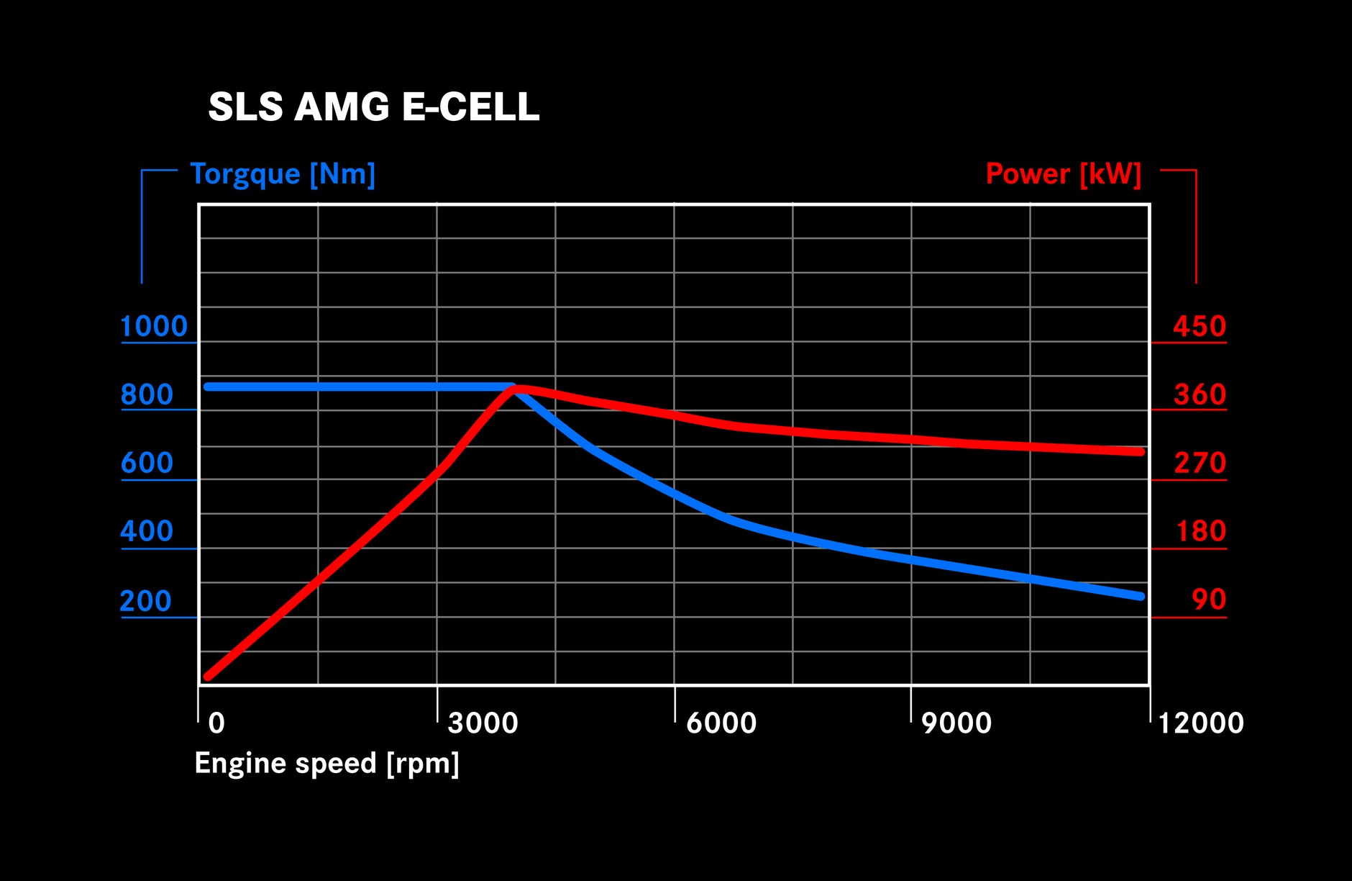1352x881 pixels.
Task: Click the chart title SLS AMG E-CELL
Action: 373,107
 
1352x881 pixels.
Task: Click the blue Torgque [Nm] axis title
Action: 283,174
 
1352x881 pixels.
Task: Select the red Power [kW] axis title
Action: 1063,174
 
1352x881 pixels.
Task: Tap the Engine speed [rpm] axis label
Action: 326,764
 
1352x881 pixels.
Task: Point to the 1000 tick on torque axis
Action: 153,327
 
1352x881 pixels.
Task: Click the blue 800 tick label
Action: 147,395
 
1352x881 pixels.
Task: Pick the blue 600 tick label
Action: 147,464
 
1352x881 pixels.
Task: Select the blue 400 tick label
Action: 147,532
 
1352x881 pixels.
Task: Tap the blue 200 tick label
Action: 146,601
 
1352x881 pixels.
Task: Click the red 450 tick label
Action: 1199,327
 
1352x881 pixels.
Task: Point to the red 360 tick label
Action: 1199,395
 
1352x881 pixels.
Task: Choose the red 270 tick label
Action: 1199,464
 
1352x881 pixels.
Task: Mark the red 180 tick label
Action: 1200,532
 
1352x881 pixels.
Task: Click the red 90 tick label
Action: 1208,600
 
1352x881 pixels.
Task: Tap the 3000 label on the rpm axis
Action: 483,723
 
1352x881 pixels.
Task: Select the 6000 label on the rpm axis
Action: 721,723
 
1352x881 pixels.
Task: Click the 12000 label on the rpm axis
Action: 1200,723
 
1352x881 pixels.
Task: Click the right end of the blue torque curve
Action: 1140,596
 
